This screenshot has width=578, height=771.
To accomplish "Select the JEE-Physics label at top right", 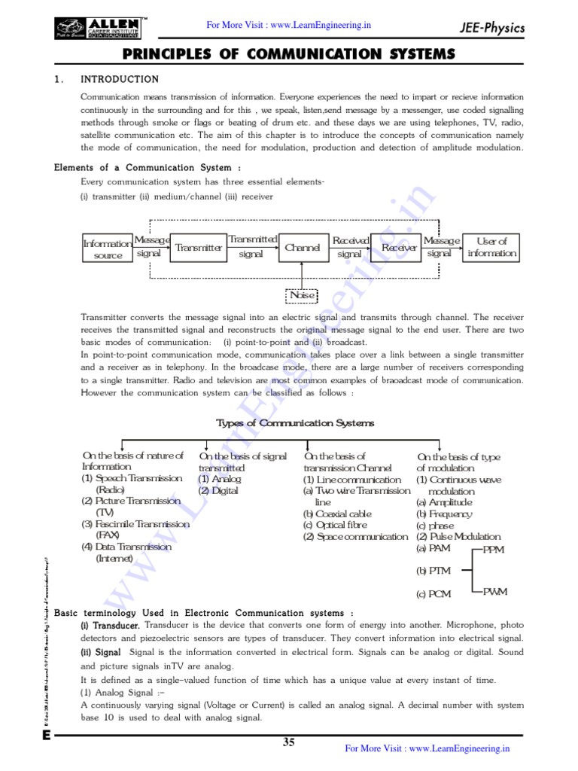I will [492, 29].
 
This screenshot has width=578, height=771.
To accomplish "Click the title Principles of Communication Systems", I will [288, 54].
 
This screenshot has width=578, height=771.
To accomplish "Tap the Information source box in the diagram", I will [108, 248].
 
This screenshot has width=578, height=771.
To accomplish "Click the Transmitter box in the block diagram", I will [198, 248].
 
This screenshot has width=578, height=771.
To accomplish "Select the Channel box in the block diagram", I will [303, 247].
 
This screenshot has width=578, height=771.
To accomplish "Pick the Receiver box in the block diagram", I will [399, 247].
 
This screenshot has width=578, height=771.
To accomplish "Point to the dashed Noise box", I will [303, 295].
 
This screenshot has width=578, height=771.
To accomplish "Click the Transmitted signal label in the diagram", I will [252, 246].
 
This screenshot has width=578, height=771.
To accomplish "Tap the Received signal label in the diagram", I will [351, 247].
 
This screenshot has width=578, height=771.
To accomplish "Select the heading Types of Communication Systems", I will [294, 423].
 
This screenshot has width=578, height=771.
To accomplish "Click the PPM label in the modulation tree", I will [494, 550].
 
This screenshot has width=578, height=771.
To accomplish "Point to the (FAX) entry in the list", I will [112, 535].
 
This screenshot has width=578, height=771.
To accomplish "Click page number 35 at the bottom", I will [289, 742].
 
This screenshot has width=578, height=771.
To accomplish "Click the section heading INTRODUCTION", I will [120, 79].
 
